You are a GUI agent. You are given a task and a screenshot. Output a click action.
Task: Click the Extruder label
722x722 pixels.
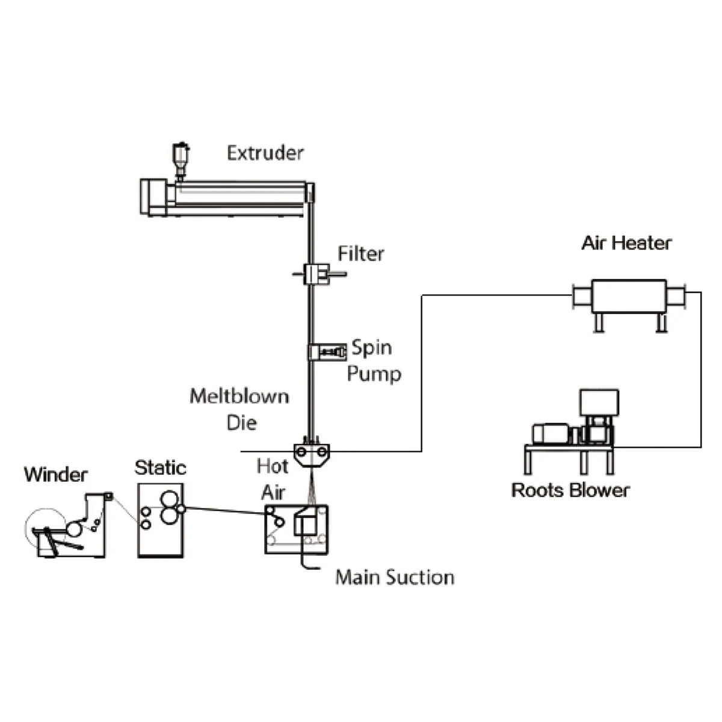coord(265,153)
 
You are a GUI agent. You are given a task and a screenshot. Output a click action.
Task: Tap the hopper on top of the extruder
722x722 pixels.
coord(180,161)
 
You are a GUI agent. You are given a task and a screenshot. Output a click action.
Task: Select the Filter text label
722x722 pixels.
coord(361,254)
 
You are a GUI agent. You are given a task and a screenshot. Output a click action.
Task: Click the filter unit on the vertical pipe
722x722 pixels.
coord(318,274)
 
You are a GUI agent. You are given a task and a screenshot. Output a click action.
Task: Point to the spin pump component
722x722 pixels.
coord(327,352)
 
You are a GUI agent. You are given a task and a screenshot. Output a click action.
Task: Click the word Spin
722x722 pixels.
coord(372,348)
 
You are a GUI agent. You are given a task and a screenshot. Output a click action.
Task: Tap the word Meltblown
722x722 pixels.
coord(239,396)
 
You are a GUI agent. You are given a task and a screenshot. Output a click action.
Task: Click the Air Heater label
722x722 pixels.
coord(626,243)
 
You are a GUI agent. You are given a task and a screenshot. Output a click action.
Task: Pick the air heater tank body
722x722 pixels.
coord(629,296)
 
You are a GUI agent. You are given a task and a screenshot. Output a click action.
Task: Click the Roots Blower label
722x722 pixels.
coord(570,490)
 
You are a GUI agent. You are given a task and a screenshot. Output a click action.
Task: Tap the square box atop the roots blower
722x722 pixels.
coord(599,403)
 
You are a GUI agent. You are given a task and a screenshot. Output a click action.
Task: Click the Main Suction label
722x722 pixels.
coord(395,577)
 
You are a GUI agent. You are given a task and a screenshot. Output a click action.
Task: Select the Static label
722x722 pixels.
coord(161,467)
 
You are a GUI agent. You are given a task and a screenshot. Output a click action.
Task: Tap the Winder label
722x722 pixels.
coord(56,475)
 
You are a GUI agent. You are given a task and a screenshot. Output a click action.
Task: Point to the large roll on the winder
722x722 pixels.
coord(46,529)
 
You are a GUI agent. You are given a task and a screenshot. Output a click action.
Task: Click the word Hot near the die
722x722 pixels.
coord(273,466)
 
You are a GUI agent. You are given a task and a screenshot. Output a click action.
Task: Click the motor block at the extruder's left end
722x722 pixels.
coord(153,197)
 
